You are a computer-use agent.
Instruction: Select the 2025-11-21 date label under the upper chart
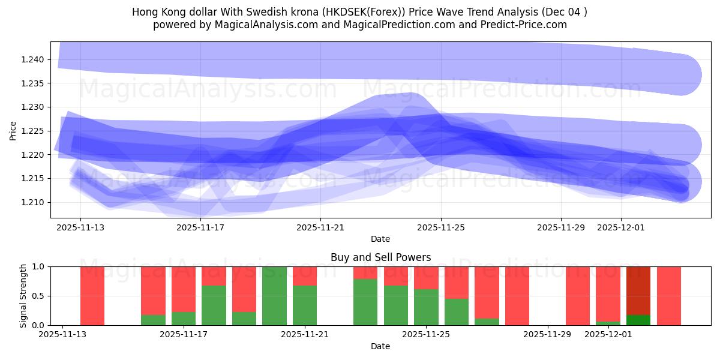click(320, 227)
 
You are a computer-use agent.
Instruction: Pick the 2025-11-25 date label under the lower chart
click(426, 334)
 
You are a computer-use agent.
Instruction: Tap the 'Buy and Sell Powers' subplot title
click(380, 257)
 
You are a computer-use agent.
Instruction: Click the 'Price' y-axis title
click(13, 131)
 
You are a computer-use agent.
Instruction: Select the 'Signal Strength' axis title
click(23, 296)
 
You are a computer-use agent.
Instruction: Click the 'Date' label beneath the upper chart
click(380, 239)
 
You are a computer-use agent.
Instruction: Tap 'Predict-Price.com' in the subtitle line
click(526, 25)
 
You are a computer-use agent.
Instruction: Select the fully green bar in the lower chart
click(274, 296)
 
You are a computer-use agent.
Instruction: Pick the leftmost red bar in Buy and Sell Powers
click(92, 296)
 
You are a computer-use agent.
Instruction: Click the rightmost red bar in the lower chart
click(668, 296)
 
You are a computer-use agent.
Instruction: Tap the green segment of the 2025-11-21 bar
click(305, 305)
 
